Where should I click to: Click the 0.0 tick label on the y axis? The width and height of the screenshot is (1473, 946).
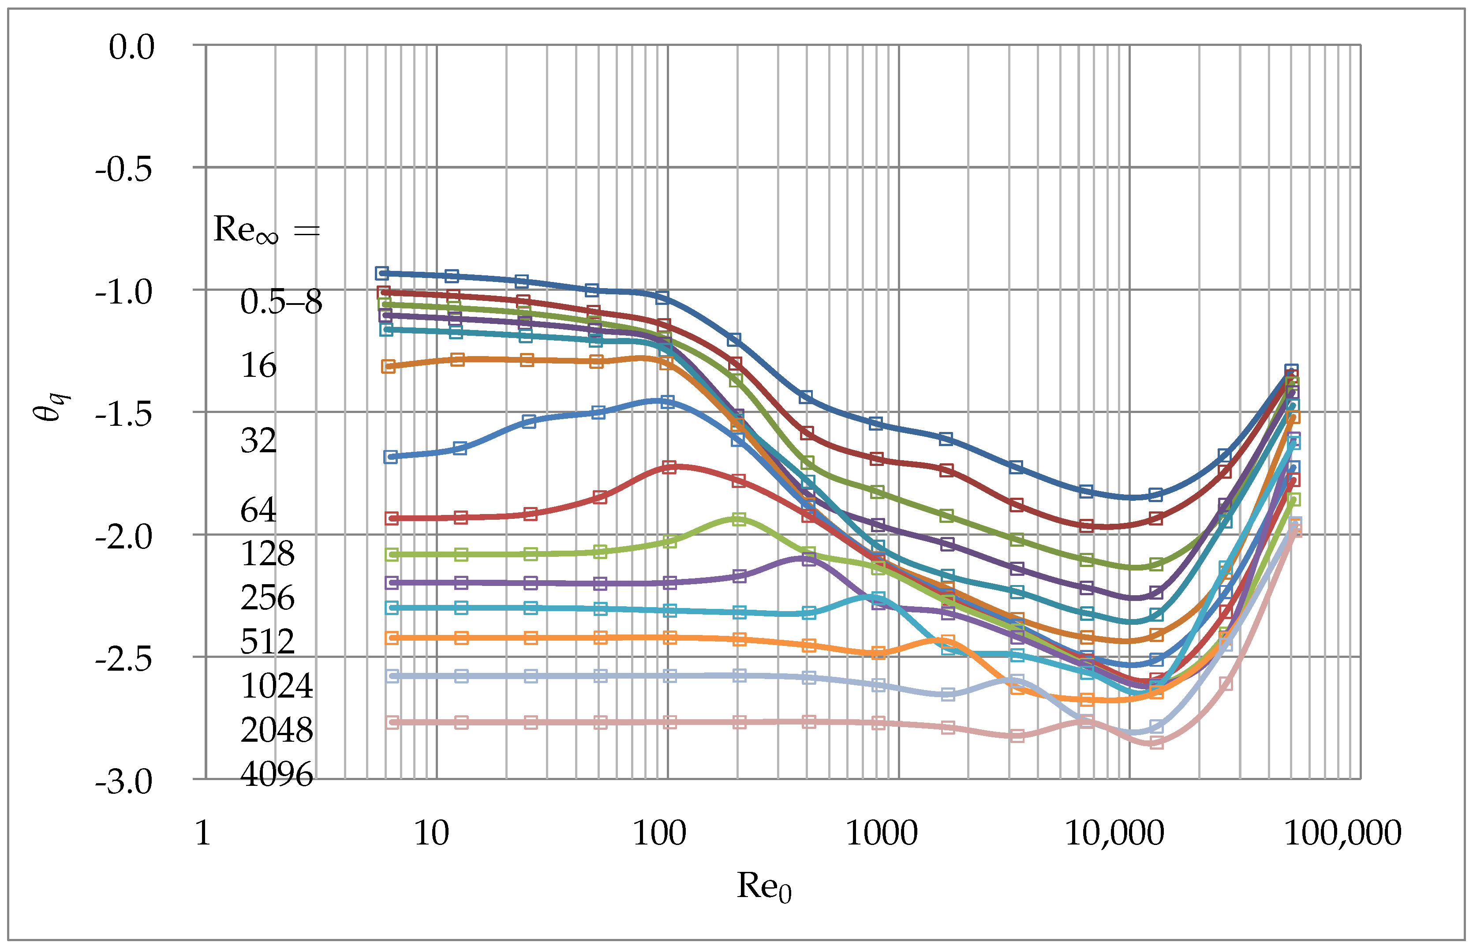coord(131,47)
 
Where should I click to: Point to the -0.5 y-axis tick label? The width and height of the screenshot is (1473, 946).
coord(123,169)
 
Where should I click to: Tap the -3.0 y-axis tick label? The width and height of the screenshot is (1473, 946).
coord(123,782)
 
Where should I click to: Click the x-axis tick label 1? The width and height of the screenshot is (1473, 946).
coord(202,833)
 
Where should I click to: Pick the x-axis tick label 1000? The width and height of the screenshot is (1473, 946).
coord(881,833)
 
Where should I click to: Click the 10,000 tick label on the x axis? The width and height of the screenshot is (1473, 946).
coord(1114,833)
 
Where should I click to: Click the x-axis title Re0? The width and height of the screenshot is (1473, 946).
coord(764,886)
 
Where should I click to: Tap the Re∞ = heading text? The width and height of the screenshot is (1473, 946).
coord(266,230)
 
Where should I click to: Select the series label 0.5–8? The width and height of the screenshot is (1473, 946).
coord(280,302)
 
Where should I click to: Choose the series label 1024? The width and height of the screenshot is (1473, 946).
coord(277,686)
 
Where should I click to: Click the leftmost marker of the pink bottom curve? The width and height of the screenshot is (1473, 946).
coord(393,722)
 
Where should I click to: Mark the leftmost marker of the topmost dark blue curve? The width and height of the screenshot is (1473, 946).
coord(382,274)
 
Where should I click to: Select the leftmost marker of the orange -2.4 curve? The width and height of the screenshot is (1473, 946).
coord(392,638)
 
